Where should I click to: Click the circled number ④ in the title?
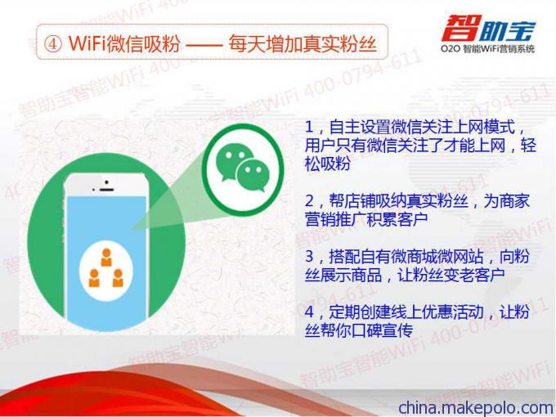coord(53,44)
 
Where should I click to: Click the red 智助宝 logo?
coord(488,28)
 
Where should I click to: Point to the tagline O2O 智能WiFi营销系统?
coord(488,48)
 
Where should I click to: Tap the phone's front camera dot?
coord(106,182)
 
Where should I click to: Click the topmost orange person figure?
coord(106,257)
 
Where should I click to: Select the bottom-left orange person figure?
coord(94,278)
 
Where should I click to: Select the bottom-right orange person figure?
coord(118,278)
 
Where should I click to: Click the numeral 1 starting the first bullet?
coord(309,128)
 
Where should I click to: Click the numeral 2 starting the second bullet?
coord(309,201)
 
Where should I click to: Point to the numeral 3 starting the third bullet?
coord(309,256)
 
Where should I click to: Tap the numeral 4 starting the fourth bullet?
coord(309,312)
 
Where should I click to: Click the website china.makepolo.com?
coord(476,407)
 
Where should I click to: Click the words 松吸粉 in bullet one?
coord(328,164)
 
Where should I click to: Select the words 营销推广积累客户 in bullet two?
coord(366,219)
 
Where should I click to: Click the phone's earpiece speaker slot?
coord(106,190)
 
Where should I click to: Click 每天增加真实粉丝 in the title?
coord(302,44)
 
